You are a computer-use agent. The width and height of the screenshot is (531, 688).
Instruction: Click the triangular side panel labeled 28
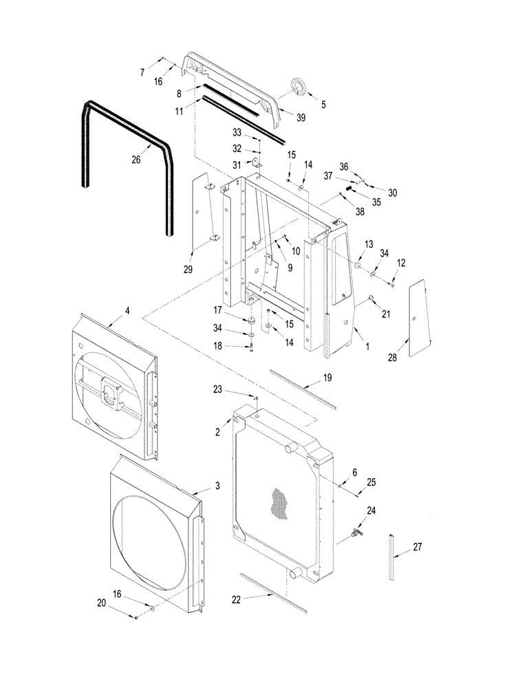419,319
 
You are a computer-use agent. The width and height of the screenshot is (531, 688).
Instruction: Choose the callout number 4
127,311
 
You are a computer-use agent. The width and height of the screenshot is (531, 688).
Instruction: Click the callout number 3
217,486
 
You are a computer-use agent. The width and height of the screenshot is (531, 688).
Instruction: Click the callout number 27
418,547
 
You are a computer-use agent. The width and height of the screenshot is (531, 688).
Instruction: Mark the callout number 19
327,379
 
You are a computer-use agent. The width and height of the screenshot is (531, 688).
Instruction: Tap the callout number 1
367,347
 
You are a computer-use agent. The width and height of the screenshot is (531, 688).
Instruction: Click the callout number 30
392,193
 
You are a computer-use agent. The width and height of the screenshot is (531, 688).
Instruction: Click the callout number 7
142,72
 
